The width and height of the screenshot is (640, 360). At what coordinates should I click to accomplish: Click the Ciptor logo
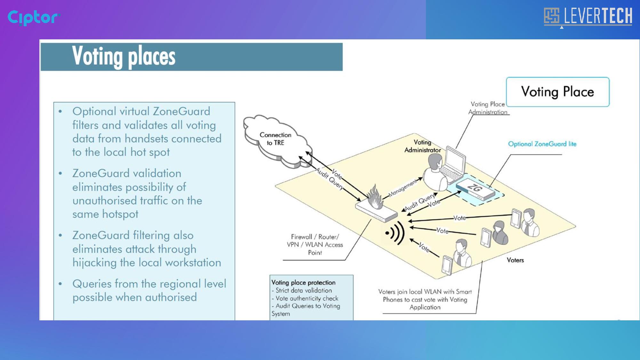(34, 18)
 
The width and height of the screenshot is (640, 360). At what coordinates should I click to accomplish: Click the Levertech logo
(588, 16)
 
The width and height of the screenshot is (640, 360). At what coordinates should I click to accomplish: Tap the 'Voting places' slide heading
(124, 56)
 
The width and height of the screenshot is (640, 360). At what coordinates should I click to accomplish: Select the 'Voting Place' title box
(558, 92)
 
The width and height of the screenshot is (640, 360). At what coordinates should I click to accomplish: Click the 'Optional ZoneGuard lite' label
(542, 144)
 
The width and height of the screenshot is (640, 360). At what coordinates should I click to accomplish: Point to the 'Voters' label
(515, 260)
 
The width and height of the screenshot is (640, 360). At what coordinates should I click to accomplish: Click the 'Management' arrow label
(403, 188)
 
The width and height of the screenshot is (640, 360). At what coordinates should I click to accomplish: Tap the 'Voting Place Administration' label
(488, 108)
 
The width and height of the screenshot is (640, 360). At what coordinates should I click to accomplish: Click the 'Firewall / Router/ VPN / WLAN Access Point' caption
(315, 245)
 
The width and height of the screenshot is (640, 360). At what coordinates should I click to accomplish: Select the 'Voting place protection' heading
(303, 283)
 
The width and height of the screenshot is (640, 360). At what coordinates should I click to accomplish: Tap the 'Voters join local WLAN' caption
(425, 300)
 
